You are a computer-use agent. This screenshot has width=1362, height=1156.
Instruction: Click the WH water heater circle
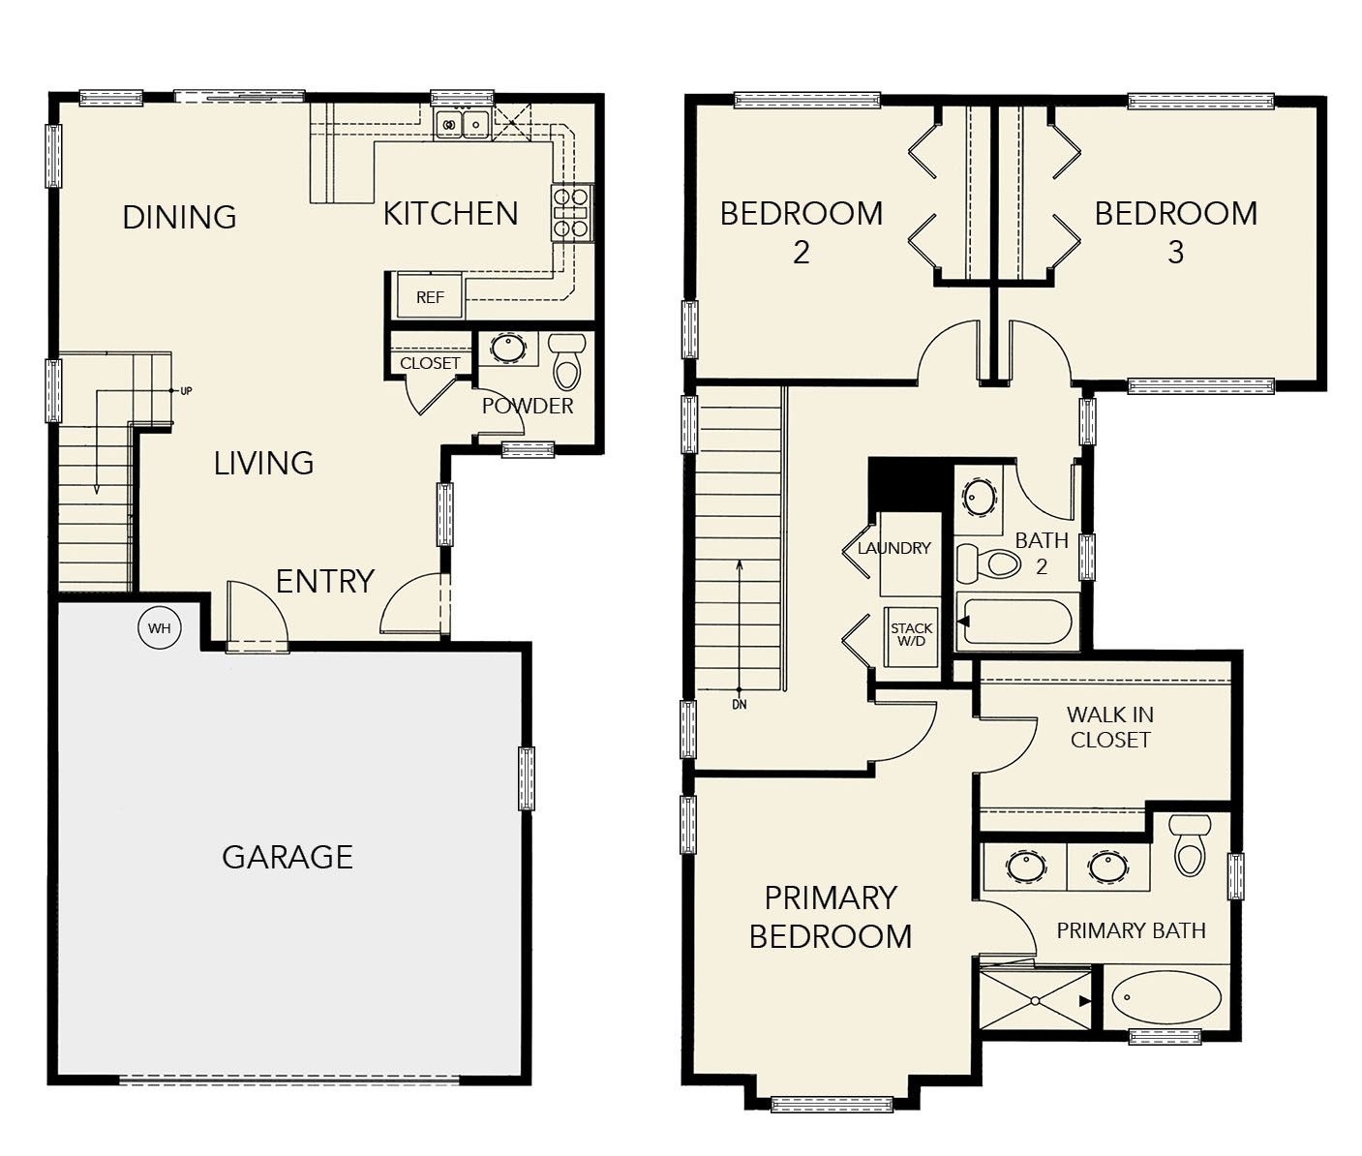tap(160, 628)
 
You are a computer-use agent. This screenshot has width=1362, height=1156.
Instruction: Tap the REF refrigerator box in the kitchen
tap(430, 296)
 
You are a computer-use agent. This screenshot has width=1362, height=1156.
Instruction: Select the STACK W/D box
tap(911, 636)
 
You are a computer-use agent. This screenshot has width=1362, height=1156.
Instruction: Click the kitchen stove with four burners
tap(571, 213)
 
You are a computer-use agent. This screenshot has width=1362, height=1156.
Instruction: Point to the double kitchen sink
tap(463, 124)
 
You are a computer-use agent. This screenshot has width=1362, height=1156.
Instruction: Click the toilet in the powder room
tap(567, 361)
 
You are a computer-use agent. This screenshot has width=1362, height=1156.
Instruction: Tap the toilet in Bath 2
tap(988, 563)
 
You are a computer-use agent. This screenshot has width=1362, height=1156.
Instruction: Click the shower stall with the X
tap(1035, 1000)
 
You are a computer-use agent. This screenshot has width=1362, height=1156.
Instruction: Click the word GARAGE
tap(288, 857)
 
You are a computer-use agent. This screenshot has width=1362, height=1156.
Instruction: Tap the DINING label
tap(179, 217)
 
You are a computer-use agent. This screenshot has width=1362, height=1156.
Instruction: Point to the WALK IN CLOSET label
tap(1110, 727)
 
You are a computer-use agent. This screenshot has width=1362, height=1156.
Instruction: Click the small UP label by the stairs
tap(186, 391)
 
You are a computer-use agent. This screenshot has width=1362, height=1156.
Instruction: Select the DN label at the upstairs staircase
tap(740, 705)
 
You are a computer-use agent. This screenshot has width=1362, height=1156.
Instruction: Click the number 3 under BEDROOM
tap(1175, 252)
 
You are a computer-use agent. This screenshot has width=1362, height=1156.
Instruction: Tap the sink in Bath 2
tap(980, 495)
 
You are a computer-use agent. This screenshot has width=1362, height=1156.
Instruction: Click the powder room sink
tap(507, 348)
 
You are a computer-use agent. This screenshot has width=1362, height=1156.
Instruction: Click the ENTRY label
tap(325, 581)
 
